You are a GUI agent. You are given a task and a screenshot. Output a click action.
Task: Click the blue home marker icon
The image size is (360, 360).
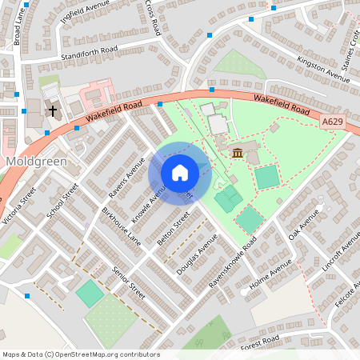180,172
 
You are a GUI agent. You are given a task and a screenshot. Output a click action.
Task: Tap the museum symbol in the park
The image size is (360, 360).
238,153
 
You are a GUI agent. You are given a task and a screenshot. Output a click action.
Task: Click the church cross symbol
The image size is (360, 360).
54,110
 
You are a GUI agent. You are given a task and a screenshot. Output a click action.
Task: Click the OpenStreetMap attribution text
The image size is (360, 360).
81,354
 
